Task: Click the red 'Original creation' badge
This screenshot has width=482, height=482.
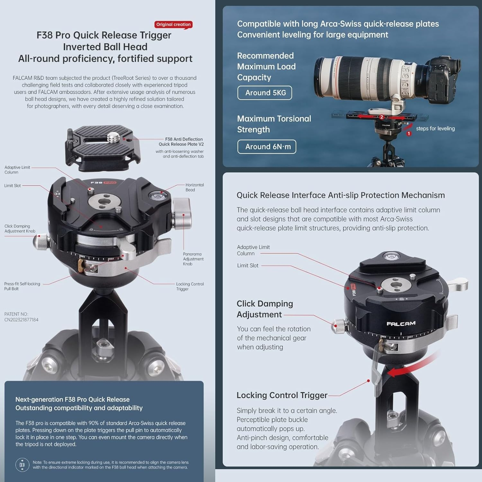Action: [x=174, y=24]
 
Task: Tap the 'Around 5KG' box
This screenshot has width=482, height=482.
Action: [x=265, y=93]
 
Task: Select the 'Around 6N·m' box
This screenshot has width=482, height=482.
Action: [x=267, y=147]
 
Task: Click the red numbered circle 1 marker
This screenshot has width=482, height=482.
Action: [x=409, y=133]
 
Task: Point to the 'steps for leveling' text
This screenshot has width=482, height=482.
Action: [x=435, y=129]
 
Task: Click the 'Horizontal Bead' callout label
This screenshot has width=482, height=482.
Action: [x=194, y=187]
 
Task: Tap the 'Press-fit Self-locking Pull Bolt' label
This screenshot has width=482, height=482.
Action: [x=22, y=286]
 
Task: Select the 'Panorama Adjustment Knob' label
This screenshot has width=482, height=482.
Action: [x=193, y=259]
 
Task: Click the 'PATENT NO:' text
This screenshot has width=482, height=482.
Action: [x=16, y=314]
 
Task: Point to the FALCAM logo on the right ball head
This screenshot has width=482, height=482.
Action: [x=401, y=324]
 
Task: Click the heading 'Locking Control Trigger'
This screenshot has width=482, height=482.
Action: [x=282, y=395]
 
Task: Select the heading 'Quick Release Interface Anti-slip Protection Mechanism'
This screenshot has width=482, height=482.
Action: [x=341, y=195]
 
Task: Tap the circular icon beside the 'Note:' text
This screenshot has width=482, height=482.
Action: [x=22, y=465]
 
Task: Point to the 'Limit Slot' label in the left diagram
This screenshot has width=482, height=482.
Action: [x=13, y=186]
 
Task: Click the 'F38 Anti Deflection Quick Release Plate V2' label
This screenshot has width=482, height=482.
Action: [x=181, y=142]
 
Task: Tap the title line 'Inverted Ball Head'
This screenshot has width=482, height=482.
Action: [x=105, y=47]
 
